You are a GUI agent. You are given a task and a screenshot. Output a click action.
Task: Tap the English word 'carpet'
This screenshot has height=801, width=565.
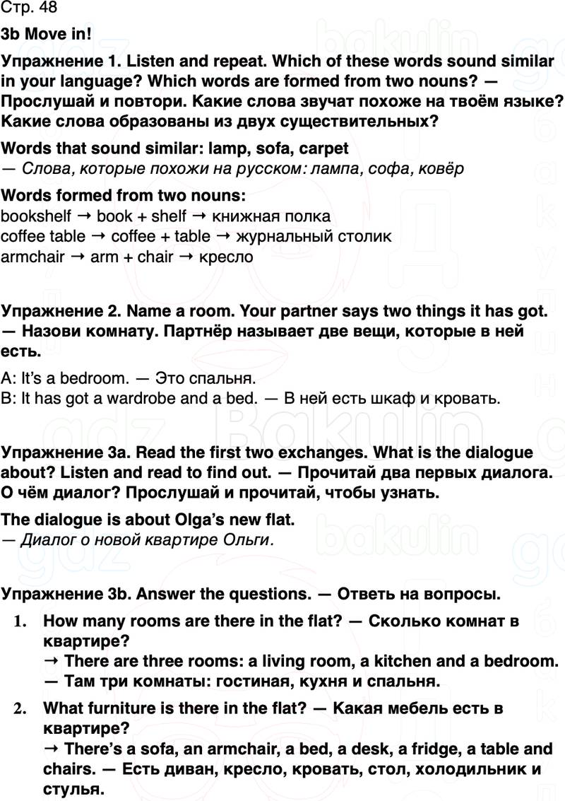tap(324, 149)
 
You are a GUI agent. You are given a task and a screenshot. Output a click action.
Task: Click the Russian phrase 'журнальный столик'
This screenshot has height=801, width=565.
tap(314, 236)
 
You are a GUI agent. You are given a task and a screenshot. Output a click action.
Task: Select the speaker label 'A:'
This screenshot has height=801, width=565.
tap(9, 378)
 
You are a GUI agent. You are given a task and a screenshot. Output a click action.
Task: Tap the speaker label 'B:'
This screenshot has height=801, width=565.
tap(9, 398)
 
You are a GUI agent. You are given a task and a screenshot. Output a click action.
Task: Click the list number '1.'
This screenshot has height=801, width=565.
tap(21, 621)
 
